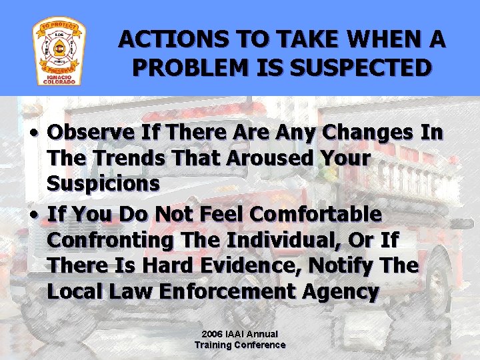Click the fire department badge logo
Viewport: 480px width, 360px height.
59,52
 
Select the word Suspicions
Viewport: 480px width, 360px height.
103,184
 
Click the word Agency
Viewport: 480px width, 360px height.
344,291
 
